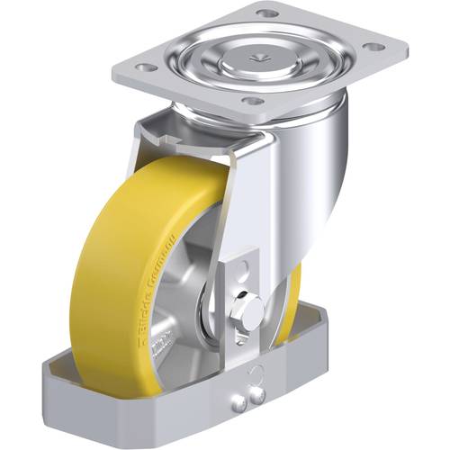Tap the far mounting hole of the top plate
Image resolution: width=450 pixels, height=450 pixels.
[267, 13]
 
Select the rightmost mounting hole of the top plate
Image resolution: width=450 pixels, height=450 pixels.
[370, 46]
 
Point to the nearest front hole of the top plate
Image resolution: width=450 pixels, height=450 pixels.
[253, 100]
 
